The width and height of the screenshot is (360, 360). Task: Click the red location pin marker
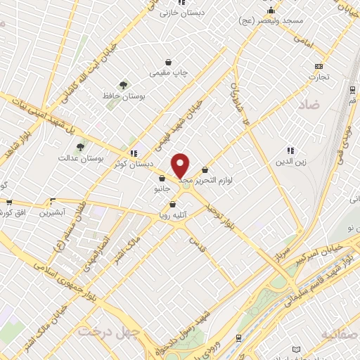(181, 166)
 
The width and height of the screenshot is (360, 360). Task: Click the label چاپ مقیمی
(168, 72)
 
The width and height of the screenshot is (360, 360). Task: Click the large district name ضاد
(307, 105)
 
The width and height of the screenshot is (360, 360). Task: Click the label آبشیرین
(53, 212)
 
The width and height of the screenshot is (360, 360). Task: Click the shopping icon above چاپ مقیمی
(168, 61)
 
